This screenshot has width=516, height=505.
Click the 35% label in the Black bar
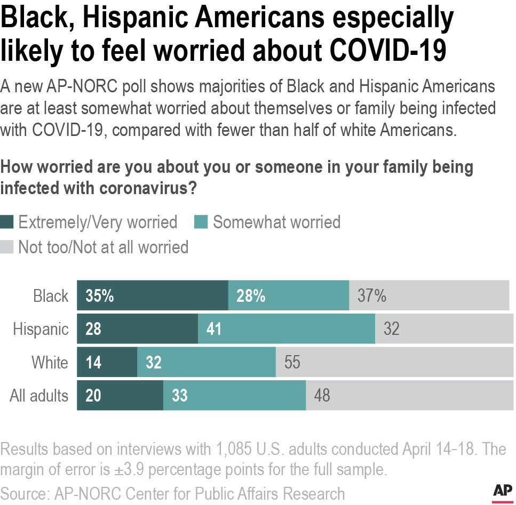100,295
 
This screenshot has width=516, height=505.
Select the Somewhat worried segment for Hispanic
286,329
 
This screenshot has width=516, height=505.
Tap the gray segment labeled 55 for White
394,363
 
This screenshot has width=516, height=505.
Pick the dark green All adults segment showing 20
120,396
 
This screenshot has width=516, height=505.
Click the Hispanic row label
41,329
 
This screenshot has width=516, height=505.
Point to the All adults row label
39,396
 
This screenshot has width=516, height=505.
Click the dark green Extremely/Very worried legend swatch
7,222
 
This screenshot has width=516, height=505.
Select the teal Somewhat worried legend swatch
202,222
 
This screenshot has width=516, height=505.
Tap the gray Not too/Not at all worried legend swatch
7,247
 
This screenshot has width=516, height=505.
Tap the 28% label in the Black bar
251,295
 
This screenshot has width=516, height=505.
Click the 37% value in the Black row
372,295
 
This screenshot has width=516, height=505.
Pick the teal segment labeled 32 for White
206,363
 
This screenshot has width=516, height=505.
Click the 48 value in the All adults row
322,396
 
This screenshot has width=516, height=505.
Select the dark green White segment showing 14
107,363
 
